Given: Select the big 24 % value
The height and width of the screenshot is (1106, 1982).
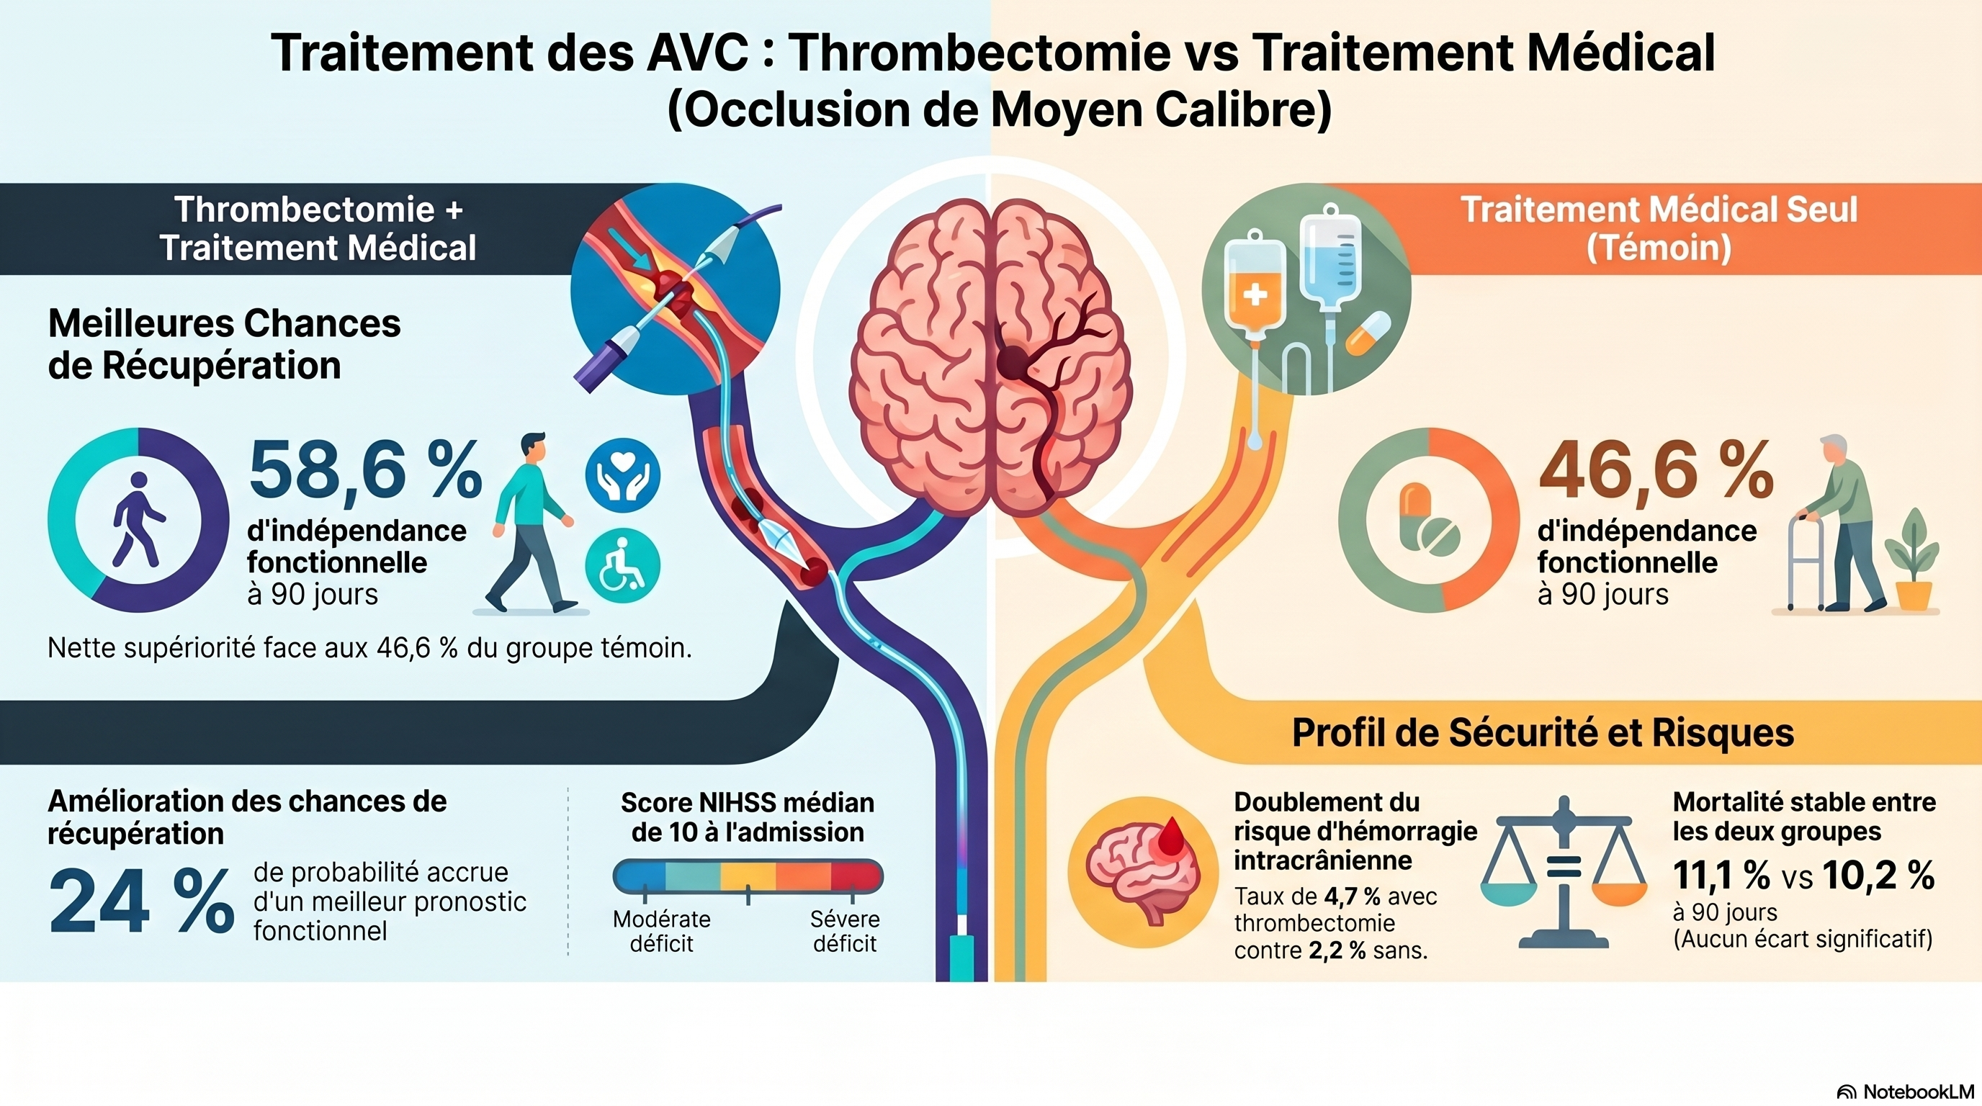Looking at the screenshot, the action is [x=142, y=902].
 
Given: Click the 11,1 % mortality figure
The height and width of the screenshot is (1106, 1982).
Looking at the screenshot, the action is [x=1721, y=876].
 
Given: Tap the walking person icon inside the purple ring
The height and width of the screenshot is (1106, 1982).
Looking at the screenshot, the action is [x=138, y=519].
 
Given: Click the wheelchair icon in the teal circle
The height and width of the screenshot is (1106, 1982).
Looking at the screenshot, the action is [x=622, y=565].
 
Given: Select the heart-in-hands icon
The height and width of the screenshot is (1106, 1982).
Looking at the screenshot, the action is [x=622, y=475].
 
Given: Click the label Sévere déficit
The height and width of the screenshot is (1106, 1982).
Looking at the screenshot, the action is [x=845, y=932].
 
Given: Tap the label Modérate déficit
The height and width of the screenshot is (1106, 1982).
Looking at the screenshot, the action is [x=662, y=932].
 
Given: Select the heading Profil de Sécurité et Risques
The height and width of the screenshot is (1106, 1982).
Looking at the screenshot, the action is [x=1543, y=732].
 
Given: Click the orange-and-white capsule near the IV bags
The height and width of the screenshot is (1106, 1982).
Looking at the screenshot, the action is [x=1368, y=333].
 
